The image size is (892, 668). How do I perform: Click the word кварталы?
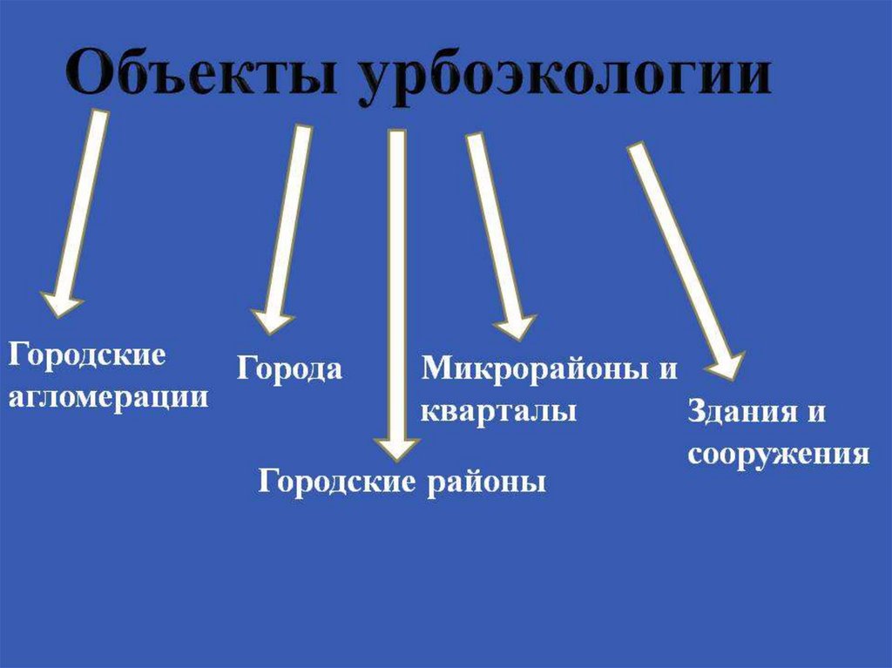tap(498, 410)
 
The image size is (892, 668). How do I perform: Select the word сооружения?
tap(778, 455)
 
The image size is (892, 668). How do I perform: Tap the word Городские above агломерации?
tap(87, 355)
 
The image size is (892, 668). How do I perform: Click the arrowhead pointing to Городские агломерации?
tap(61, 304)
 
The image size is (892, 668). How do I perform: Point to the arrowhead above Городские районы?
tap(396, 446)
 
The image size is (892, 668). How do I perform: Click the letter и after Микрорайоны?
tap(667, 368)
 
